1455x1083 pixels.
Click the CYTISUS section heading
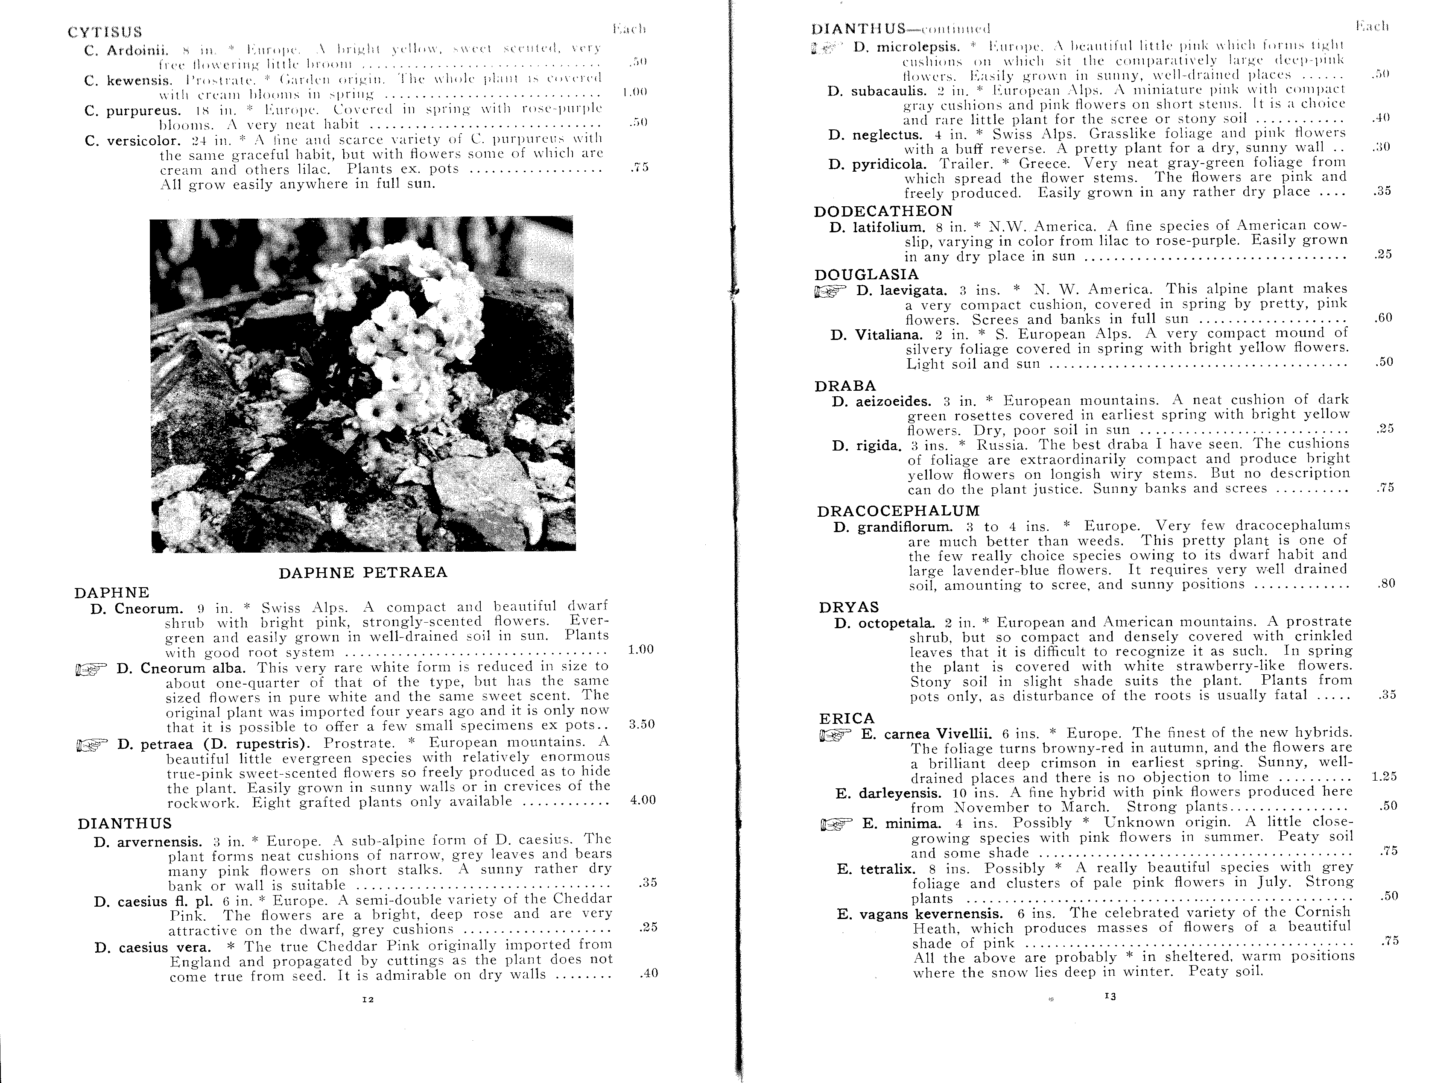pyautogui.click(x=105, y=32)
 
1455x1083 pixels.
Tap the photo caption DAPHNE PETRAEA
pyautogui.click(x=363, y=572)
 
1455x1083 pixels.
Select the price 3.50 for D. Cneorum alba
pyautogui.click(x=642, y=724)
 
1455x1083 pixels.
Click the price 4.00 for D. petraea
pyautogui.click(x=642, y=800)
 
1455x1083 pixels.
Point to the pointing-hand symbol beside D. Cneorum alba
pyautogui.click(x=91, y=669)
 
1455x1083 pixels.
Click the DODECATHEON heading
pyautogui.click(x=883, y=211)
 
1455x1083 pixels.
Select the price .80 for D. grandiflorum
pyautogui.click(x=1386, y=583)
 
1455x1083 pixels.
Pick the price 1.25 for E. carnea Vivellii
pyautogui.click(x=1384, y=777)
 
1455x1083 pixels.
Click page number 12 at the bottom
pyautogui.click(x=368, y=1000)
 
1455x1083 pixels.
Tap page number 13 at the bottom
pyautogui.click(x=1110, y=996)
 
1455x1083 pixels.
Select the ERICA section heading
pyautogui.click(x=847, y=718)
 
